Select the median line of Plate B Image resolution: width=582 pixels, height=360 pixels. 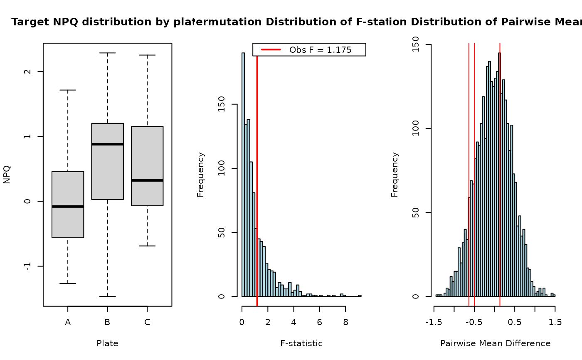107,144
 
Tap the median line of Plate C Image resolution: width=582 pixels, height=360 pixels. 147,180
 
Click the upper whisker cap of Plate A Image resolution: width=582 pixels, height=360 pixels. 68,90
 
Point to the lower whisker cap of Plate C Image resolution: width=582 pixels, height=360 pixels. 147,246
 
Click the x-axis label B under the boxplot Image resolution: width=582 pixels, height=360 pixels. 107,322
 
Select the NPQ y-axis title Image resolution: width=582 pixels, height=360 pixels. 6,175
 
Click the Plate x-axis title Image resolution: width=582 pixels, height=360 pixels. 107,344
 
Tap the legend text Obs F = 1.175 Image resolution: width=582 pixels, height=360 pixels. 321,50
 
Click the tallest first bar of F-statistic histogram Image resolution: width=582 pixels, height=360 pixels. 243,175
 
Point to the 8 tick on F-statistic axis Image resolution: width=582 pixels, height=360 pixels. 345,322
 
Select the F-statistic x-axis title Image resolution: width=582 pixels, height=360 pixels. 301,344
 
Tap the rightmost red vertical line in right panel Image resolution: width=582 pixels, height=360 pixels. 500,166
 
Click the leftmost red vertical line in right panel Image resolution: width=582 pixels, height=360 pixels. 469,166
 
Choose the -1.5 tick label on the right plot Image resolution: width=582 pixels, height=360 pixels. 434,322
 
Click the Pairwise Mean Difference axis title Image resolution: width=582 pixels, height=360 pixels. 495,344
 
